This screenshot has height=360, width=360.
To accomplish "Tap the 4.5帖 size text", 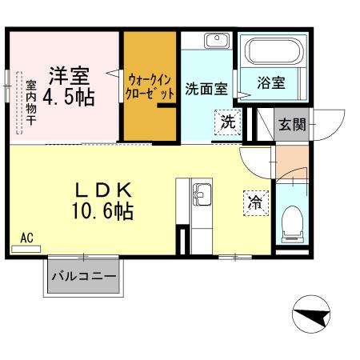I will pos(68,98).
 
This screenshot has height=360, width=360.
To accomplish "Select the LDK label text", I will pos(103,190).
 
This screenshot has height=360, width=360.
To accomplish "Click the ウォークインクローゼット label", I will pos(150,86).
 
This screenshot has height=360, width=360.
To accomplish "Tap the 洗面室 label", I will pos(206,90).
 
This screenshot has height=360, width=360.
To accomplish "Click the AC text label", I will pos(26,238).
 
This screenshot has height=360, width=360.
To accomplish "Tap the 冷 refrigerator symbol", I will pos(254,203).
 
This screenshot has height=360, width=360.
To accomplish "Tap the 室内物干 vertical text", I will pos(30,104).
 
